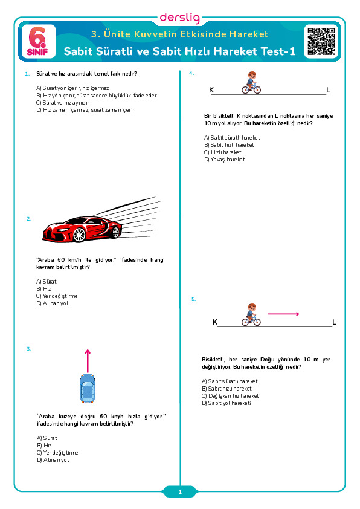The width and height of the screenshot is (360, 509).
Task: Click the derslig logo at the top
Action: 180,18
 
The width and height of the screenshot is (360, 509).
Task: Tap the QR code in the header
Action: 321,41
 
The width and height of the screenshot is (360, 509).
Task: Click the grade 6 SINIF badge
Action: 38,41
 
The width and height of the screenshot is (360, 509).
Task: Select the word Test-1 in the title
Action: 278,51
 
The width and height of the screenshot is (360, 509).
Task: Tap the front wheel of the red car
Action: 79,235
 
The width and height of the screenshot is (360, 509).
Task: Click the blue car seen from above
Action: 87,388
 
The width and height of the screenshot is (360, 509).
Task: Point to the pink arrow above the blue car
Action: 87,361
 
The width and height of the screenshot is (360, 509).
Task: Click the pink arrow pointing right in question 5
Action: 283,314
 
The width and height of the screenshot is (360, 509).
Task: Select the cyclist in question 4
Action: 251,83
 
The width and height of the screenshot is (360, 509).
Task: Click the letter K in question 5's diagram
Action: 214,322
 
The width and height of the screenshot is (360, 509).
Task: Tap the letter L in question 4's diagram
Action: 328,90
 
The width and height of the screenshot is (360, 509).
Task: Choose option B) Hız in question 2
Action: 43,289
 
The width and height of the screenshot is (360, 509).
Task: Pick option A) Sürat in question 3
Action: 47,438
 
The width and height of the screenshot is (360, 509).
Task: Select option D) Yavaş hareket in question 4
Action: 225,160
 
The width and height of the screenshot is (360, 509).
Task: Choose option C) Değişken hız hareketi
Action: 231,396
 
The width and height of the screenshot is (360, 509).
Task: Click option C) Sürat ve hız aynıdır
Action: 63,103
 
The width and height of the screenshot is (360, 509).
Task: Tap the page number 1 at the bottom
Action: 180,492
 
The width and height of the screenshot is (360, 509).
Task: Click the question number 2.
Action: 29,219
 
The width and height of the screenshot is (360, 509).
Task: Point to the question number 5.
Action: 194,299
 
